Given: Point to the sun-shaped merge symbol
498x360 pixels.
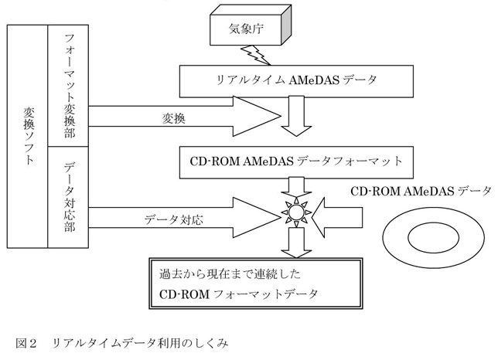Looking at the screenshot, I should pyautogui.click(x=295, y=211).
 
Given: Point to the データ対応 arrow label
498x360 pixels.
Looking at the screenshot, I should pyautogui.click(x=173, y=219).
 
